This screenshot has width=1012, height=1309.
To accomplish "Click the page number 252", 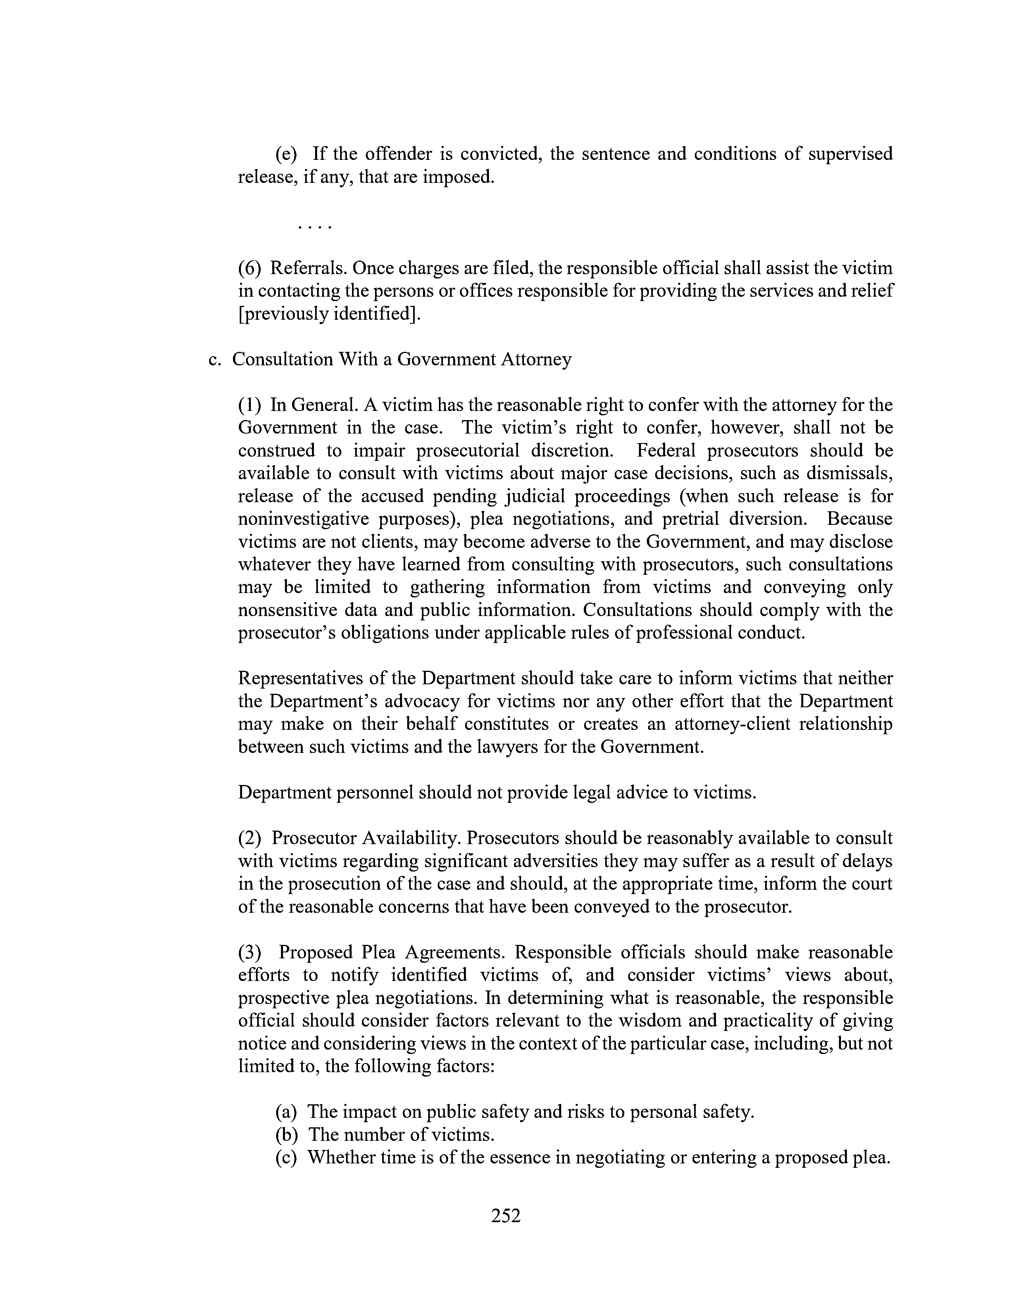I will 505,1215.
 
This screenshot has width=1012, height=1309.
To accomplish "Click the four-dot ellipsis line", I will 314,226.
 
